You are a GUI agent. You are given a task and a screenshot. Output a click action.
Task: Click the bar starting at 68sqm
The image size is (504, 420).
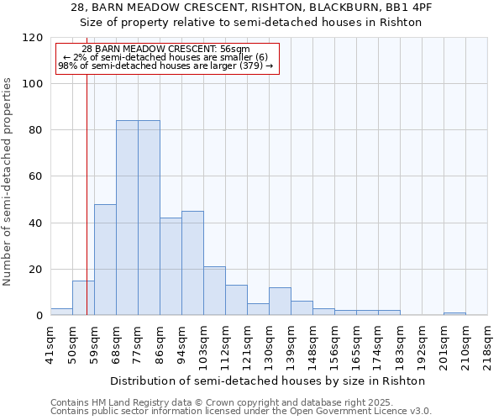coord(127,218)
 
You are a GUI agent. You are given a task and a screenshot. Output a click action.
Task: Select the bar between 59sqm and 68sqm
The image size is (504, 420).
coord(105,260)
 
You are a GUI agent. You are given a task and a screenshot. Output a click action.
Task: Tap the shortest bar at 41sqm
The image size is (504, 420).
coord(61,312)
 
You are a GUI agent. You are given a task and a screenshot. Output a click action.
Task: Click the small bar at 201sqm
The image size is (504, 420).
coord(454,314)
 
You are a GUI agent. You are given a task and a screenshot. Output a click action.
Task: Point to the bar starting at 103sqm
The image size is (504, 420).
coord(214,291)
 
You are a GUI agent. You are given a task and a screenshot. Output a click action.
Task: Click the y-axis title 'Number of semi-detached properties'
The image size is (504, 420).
coord(8,181)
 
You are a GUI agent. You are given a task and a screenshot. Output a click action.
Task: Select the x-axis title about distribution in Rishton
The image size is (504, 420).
coord(268,381)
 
